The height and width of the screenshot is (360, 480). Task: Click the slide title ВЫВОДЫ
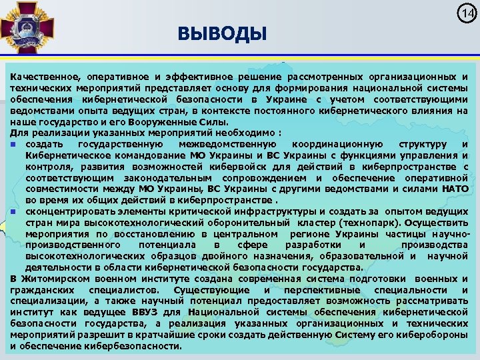click(222, 33)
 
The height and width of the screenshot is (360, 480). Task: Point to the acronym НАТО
click(454, 189)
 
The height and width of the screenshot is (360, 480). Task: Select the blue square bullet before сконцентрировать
click(14, 210)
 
